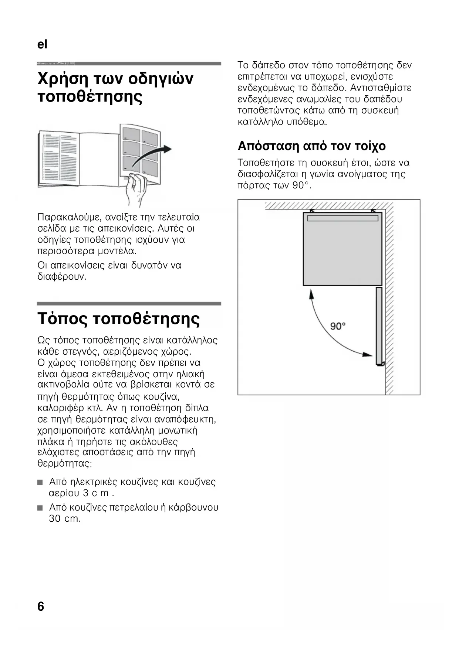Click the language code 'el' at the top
[43, 44]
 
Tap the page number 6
[41, 607]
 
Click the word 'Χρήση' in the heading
[63, 79]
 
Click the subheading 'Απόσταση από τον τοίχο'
[311, 146]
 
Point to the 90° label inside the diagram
[338, 326]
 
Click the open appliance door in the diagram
[379, 325]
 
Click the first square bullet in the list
[40, 482]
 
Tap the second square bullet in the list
[40, 508]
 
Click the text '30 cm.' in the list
[65, 519]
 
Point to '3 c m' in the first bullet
[96, 493]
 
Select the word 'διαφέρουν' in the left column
[62, 276]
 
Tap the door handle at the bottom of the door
[381, 364]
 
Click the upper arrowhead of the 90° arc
[311, 294]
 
